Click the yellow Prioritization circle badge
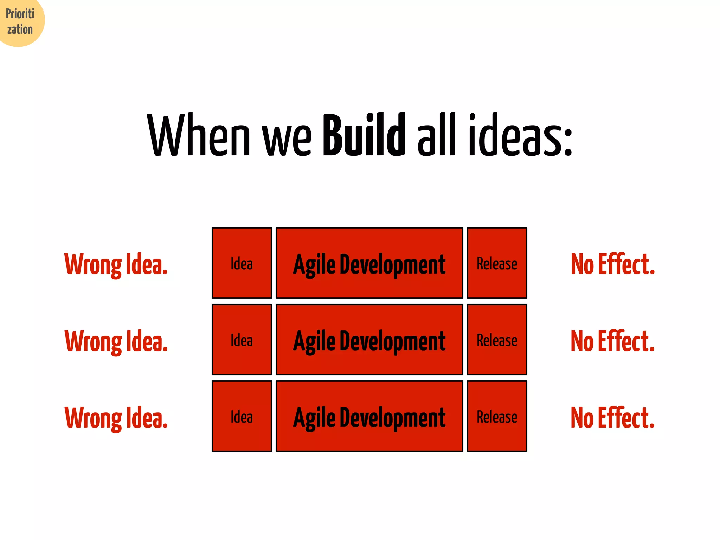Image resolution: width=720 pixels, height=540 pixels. (x=20, y=21)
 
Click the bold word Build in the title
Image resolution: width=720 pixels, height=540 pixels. (x=364, y=135)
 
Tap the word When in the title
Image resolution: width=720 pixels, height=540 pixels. (x=199, y=135)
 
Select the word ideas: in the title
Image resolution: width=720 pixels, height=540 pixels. (x=520, y=135)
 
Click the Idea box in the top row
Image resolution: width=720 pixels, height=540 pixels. (x=242, y=263)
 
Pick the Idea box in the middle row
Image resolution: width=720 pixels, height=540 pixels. (x=242, y=340)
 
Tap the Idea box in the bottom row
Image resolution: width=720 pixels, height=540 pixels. (x=242, y=416)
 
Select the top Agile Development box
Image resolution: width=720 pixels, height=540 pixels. (x=369, y=263)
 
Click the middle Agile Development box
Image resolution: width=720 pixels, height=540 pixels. (x=369, y=340)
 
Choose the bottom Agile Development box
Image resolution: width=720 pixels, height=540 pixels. (x=369, y=416)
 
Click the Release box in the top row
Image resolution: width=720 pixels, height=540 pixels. (x=497, y=263)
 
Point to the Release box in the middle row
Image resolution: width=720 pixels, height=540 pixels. (x=497, y=340)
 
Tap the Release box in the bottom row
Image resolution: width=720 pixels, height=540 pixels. (x=497, y=416)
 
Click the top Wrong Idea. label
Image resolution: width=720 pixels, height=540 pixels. (x=116, y=264)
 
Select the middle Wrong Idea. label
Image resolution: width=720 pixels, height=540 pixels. (x=116, y=341)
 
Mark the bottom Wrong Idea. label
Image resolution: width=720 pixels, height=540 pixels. (x=116, y=418)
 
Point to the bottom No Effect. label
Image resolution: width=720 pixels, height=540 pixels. (x=612, y=417)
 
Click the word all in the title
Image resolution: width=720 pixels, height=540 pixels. (x=437, y=135)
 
